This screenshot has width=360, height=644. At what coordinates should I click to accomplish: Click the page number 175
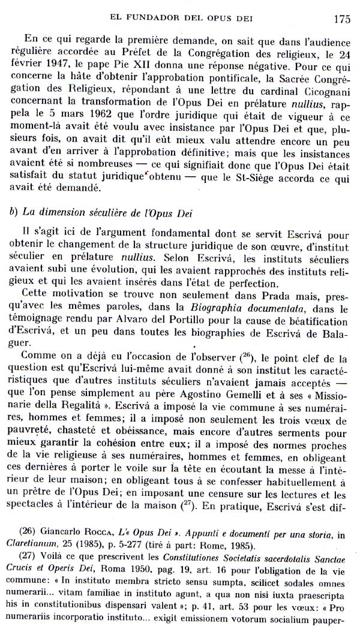(342, 18)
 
